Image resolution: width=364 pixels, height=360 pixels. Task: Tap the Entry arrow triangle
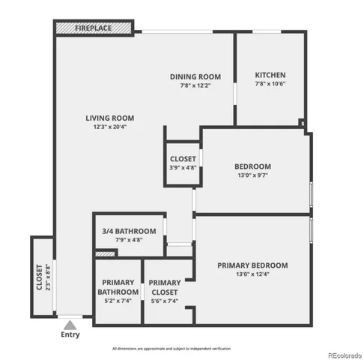(70, 325)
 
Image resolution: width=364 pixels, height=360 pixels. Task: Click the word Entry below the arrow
(70, 335)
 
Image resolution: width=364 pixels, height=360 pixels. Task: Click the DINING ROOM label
(195, 76)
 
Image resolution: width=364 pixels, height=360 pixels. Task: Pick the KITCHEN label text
(270, 75)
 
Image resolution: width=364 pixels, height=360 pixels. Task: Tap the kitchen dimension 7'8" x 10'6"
(270, 84)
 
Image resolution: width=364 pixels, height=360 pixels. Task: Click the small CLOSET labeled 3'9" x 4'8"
(183, 159)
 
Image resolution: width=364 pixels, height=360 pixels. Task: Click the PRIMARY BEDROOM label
(252, 265)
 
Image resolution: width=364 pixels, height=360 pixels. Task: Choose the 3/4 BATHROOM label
(129, 231)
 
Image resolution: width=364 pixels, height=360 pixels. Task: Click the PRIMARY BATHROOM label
(118, 286)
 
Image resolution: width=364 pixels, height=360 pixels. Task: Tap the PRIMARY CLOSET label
(164, 286)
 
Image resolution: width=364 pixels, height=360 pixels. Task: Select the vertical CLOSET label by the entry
(39, 277)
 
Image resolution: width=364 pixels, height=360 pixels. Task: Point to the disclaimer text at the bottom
(172, 349)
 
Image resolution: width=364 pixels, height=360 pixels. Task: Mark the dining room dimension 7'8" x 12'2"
(195, 85)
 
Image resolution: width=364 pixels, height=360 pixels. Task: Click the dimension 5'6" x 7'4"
(164, 301)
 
